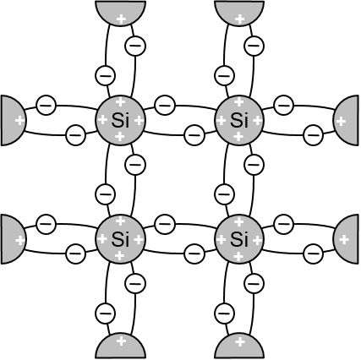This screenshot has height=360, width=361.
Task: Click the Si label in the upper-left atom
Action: pyautogui.click(x=120, y=121)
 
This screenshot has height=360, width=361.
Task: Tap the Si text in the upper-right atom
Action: pyautogui.click(x=239, y=121)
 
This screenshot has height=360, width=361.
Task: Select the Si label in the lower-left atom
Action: pyautogui.click(x=120, y=239)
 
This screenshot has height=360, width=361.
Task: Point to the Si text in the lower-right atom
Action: pyautogui.click(x=239, y=239)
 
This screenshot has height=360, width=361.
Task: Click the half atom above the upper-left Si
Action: pyautogui.click(x=120, y=12)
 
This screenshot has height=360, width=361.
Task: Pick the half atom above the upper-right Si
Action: pyautogui.click(x=239, y=12)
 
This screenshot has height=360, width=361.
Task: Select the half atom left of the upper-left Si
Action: pyautogui.click(x=13, y=120)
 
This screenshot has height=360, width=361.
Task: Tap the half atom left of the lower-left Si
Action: pyautogui.click(x=13, y=239)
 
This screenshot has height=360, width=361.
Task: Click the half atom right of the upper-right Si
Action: pyautogui.click(x=347, y=120)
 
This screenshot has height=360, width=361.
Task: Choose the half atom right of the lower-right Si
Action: pyautogui.click(x=347, y=239)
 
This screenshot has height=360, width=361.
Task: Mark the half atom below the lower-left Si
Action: pyautogui.click(x=120, y=346)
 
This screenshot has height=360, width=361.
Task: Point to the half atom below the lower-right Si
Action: pyautogui.click(x=239, y=346)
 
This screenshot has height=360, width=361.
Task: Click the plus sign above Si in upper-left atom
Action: pyautogui.click(x=121, y=101)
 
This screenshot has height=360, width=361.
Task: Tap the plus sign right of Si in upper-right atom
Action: pyautogui.click(x=257, y=121)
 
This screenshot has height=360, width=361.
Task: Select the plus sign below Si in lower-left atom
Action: pyautogui.click(x=120, y=256)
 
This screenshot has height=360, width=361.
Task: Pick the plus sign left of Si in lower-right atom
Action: pyautogui.click(x=221, y=240)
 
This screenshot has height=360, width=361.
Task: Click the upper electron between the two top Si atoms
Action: pyautogui.click(x=165, y=105)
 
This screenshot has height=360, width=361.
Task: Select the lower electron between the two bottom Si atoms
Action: pyautogui.click(x=194, y=254)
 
